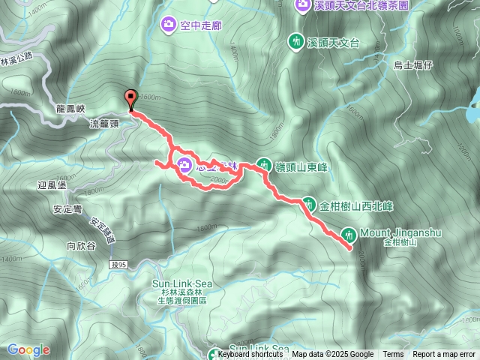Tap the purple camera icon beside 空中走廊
168,25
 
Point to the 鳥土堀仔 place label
414,65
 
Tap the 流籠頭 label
103,122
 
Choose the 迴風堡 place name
52,184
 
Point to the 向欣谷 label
80,244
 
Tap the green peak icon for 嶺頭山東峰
263,163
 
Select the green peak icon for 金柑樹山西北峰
308,204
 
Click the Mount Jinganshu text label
400,232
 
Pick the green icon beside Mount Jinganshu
347,233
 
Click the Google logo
28,349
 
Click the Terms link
393,355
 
